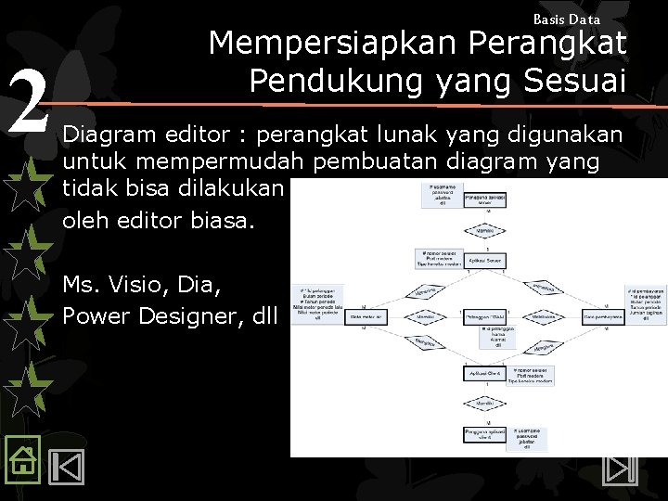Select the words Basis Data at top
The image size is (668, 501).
[x=567, y=19]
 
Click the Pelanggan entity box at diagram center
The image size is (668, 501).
[x=483, y=316]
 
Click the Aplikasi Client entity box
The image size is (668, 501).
[x=483, y=373]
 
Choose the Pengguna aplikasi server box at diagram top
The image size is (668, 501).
[x=483, y=199]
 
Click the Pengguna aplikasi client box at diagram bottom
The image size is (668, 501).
[x=483, y=434]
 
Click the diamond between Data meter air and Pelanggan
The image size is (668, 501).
[x=425, y=316]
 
